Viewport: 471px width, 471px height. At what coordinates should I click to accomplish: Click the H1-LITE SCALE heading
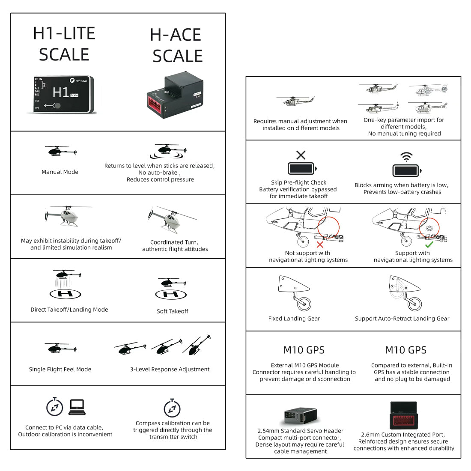pyautogui.click(x=64, y=44)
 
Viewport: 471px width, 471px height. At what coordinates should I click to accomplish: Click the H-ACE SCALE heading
pyautogui.click(x=176, y=45)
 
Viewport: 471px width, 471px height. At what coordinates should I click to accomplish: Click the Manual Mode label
pyautogui.click(x=60, y=172)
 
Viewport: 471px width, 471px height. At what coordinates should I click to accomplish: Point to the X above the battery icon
pyautogui.click(x=301, y=155)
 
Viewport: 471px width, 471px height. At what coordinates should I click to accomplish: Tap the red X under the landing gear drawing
pyautogui.click(x=320, y=244)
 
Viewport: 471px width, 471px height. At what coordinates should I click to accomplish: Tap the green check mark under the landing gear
pyautogui.click(x=429, y=244)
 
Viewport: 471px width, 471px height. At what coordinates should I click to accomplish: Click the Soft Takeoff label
pyautogui.click(x=172, y=311)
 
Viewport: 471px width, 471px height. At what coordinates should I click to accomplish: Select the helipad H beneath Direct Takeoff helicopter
pyautogui.click(x=65, y=294)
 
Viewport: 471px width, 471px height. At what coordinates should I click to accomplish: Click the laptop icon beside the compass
pyautogui.click(x=77, y=407)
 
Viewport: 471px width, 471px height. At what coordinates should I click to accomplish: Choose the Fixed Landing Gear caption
pyautogui.click(x=294, y=319)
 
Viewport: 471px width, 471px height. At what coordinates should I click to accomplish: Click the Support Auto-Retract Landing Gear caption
pyautogui.click(x=402, y=319)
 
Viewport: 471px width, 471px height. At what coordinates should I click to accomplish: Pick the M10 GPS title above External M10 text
pyautogui.click(x=304, y=350)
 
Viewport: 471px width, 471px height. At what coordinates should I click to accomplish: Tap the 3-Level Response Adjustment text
pyautogui.click(x=170, y=369)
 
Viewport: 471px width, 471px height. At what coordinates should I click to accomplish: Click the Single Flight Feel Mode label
pyautogui.click(x=60, y=369)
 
